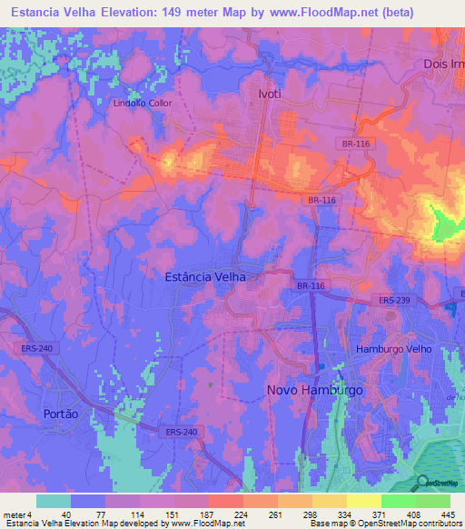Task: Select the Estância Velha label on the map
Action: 206,275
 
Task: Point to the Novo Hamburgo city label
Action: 314,389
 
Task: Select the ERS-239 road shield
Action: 392,300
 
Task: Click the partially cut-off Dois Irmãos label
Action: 443,64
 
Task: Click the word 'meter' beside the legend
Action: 13,514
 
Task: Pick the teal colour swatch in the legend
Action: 53,501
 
